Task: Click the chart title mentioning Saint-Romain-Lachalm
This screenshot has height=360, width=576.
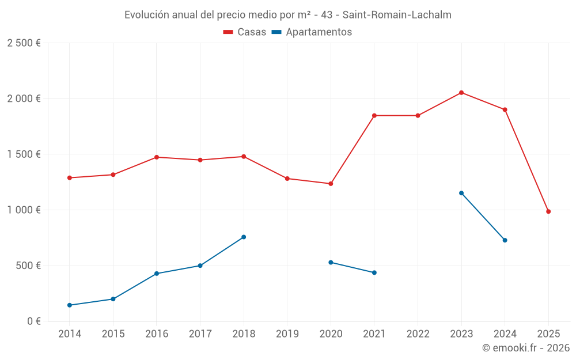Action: coord(287,14)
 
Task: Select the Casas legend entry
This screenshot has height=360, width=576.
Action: coord(245,32)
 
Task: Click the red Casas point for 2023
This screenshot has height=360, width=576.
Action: coord(461,93)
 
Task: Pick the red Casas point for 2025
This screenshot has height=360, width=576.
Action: coord(548,211)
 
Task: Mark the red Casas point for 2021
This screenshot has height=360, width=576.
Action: coord(374,116)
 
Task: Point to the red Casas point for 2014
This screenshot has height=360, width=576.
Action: coord(70,178)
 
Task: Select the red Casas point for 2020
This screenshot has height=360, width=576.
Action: coord(331,184)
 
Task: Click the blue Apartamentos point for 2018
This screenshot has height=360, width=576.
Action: coord(244,237)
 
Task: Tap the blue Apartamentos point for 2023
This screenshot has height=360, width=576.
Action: coord(461,193)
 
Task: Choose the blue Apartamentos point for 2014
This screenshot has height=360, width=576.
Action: coord(70,305)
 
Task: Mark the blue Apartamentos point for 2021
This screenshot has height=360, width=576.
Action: coord(374,272)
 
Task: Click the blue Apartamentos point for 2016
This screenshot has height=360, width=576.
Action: coord(157,274)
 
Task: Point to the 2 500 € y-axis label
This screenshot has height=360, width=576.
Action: coord(24,43)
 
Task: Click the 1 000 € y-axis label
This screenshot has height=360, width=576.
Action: coord(24,210)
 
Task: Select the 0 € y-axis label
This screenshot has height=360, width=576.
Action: coord(32,321)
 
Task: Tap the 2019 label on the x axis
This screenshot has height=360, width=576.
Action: coord(287,334)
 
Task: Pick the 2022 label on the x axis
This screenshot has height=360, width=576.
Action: coord(418,334)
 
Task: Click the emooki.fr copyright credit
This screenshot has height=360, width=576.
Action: coord(525,348)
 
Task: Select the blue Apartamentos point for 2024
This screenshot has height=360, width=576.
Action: coord(505,240)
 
